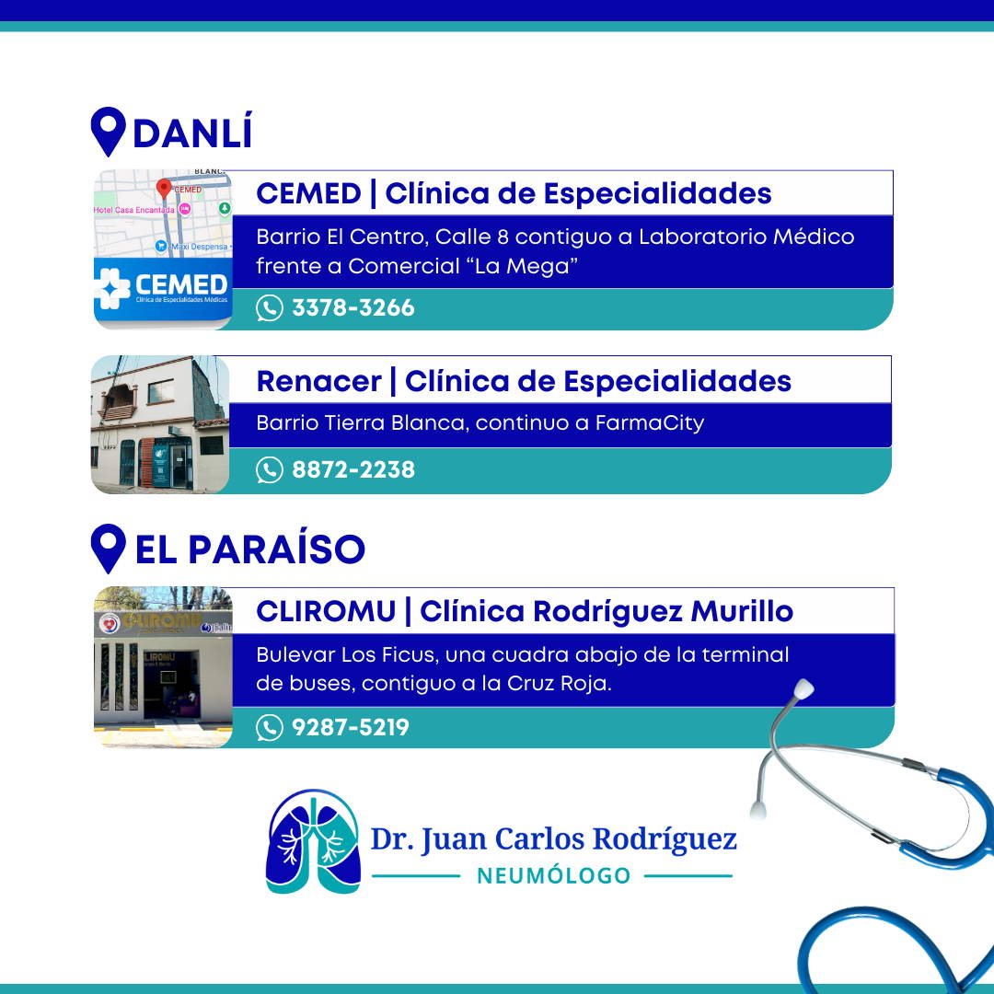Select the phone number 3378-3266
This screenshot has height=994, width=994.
tap(353, 308)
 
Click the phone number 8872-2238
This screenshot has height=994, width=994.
tap(353, 469)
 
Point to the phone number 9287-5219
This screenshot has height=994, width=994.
tap(351, 727)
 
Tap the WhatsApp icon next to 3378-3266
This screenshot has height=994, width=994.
tap(270, 308)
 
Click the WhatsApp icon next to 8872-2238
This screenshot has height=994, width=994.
tap(270, 470)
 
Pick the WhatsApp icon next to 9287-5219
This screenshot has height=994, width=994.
tap(270, 728)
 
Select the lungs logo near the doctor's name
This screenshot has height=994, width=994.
tap(313, 841)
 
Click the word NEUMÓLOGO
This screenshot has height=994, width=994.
tap(553, 875)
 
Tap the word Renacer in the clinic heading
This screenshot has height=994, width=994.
tap(318, 382)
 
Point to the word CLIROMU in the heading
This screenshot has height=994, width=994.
tap(326, 612)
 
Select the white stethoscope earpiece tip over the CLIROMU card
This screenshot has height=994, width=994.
tap(803, 689)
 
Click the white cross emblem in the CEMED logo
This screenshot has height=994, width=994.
tap(112, 288)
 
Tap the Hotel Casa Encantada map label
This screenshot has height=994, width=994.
tap(133, 210)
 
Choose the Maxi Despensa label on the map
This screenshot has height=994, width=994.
tap(199, 247)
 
